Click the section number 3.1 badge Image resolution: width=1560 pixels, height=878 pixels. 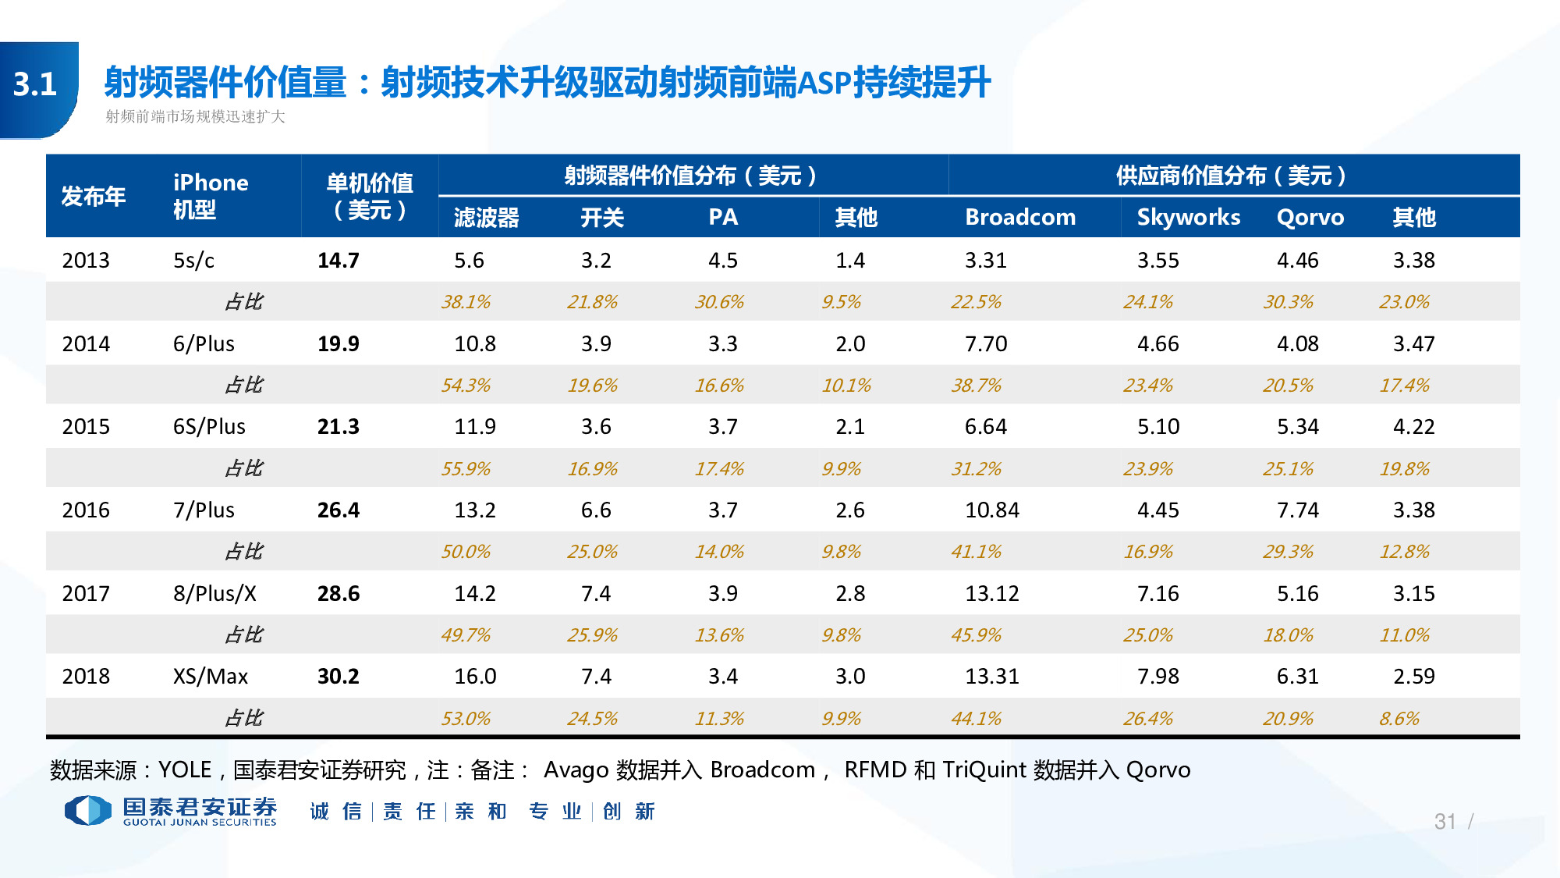click(x=36, y=84)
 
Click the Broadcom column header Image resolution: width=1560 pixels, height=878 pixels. click(x=1019, y=217)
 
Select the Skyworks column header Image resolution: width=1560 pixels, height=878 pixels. click(x=1188, y=217)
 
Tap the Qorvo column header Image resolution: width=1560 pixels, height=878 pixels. click(x=1310, y=217)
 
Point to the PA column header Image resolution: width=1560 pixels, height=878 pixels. click(x=723, y=217)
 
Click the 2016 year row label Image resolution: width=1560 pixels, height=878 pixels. click(x=86, y=510)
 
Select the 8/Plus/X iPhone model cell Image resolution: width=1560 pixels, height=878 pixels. click(x=214, y=594)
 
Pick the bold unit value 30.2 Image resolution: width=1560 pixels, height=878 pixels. click(x=338, y=677)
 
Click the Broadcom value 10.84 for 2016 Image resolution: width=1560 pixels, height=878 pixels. click(x=991, y=510)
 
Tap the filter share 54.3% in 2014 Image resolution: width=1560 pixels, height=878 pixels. click(x=466, y=386)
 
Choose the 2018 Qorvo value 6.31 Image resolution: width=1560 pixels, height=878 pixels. click(x=1297, y=677)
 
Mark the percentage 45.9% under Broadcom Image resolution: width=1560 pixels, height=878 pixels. click(x=976, y=635)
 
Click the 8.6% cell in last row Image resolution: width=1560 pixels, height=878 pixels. click(x=1399, y=719)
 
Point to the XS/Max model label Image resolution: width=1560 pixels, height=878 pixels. click(x=210, y=677)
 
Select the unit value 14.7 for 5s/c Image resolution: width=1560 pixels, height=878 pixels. click(x=338, y=261)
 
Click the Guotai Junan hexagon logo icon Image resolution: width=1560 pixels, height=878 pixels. click(x=88, y=811)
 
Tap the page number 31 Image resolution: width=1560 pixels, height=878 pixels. click(x=1445, y=822)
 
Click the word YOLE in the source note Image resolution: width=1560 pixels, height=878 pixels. click(x=185, y=770)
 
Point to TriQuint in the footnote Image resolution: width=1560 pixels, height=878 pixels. click(x=984, y=770)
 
